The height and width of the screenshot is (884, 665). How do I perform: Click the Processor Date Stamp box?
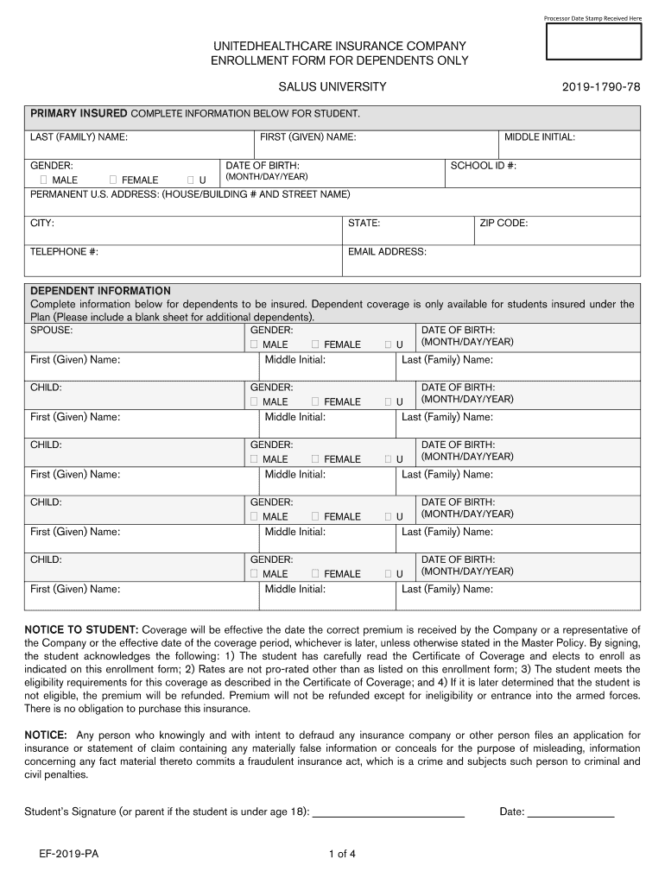click(x=593, y=42)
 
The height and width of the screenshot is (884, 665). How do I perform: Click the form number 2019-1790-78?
click(x=601, y=88)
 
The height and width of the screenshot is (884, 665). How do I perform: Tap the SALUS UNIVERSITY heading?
click(x=332, y=88)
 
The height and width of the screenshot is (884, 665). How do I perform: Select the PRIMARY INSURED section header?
click(x=79, y=114)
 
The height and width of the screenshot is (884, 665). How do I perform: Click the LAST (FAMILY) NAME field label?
click(x=79, y=137)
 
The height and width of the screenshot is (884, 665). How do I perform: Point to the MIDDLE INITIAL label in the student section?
click(x=539, y=137)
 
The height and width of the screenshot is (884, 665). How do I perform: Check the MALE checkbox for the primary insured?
click(x=43, y=180)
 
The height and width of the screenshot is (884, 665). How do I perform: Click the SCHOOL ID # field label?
click(x=483, y=165)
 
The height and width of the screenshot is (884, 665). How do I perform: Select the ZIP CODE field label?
click(x=503, y=223)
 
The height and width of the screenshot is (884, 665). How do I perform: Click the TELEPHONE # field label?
click(x=64, y=251)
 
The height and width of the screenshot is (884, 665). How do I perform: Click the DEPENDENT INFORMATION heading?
click(x=100, y=291)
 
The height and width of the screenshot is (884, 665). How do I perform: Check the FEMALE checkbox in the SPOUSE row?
click(x=315, y=344)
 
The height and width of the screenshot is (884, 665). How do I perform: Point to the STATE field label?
click(x=364, y=223)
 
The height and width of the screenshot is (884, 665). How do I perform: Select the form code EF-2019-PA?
click(x=68, y=855)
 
